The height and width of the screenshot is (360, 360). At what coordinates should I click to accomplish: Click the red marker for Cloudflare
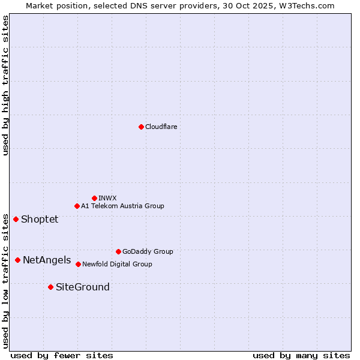pyautogui.click(x=141, y=127)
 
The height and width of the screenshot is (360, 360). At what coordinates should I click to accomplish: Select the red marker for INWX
pyautogui.click(x=94, y=198)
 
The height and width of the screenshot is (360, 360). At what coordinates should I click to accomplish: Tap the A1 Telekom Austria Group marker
pyautogui.click(x=77, y=206)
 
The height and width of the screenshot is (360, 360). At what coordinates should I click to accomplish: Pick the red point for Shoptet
pyautogui.click(x=16, y=219)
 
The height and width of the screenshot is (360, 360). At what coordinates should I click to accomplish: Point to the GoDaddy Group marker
pyautogui.click(x=118, y=251)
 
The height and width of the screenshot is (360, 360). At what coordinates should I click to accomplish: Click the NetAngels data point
pyautogui.click(x=17, y=260)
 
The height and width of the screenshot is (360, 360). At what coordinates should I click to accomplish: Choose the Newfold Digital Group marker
pyautogui.click(x=78, y=264)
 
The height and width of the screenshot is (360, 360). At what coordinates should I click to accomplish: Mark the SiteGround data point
pyautogui.click(x=50, y=287)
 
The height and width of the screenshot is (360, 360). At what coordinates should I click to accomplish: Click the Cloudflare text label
pyautogui.click(x=161, y=127)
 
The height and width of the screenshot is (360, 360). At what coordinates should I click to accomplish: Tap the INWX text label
pyautogui.click(x=107, y=198)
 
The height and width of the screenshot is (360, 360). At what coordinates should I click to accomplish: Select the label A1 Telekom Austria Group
pyautogui.click(x=122, y=206)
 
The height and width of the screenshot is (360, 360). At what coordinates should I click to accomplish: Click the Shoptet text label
pyautogui.click(x=40, y=219)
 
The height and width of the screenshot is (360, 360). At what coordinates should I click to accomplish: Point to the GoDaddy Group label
pyautogui.click(x=148, y=251)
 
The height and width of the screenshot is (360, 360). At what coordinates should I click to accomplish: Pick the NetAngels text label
pyautogui.click(x=47, y=260)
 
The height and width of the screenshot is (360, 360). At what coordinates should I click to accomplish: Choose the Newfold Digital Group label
pyautogui.click(x=117, y=264)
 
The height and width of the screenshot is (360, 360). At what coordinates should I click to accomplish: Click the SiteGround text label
pyautogui.click(x=83, y=287)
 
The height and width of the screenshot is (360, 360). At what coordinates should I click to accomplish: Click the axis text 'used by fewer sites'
pyautogui.click(x=62, y=355)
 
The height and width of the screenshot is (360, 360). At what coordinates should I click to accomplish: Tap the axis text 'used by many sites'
pyautogui.click(x=301, y=355)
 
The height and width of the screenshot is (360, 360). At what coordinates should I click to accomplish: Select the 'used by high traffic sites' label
pyautogui.click(x=5, y=85)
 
